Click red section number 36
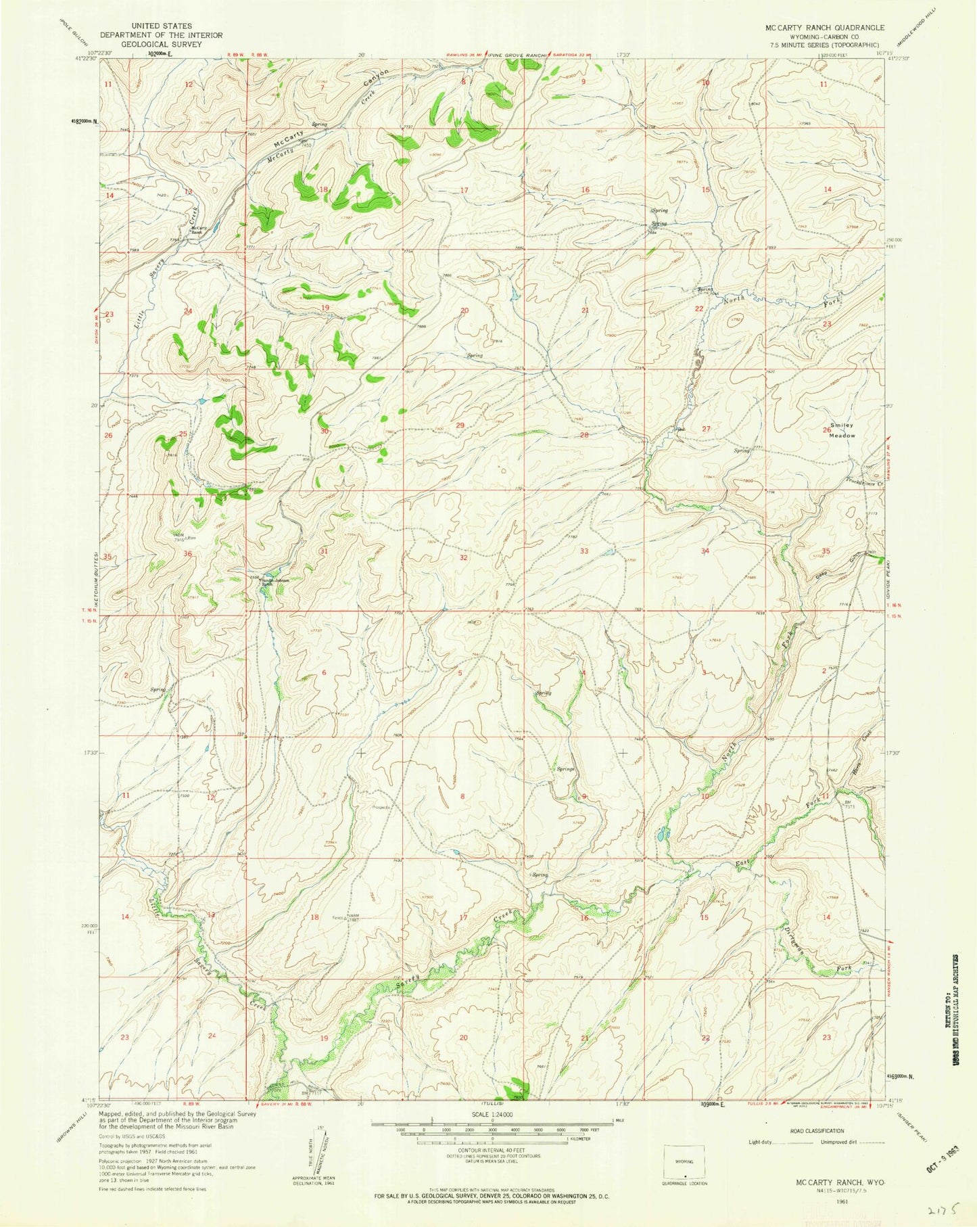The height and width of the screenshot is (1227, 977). pos(188,554)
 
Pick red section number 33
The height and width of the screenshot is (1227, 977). pos(583,551)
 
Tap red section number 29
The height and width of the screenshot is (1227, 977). pos(461,425)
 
